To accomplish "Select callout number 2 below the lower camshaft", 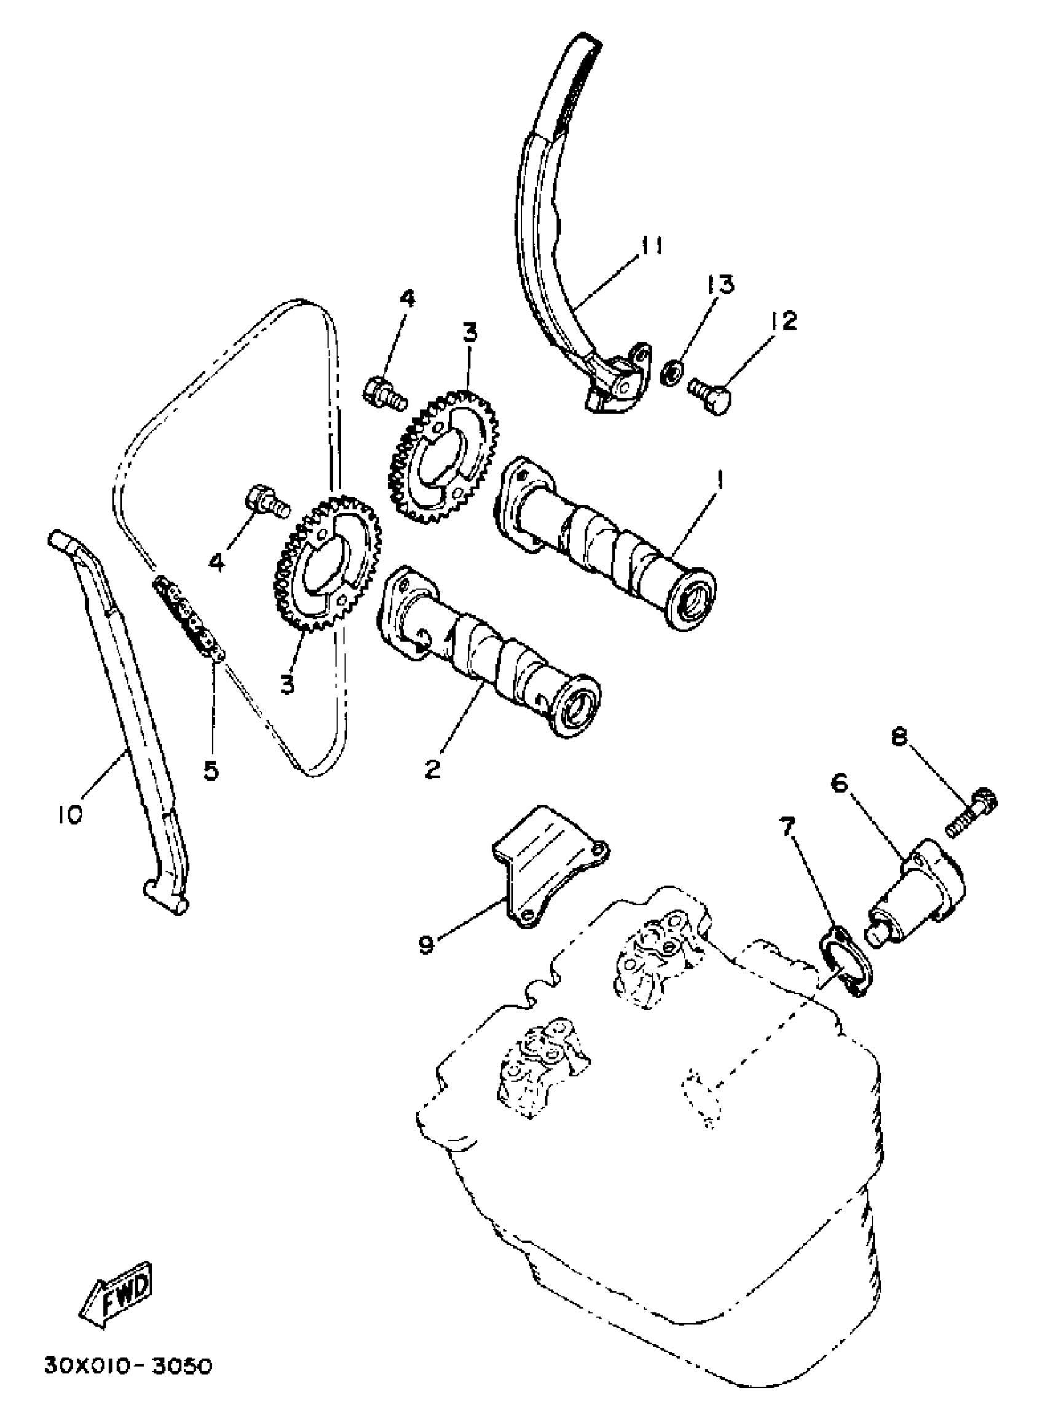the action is click(x=432, y=769).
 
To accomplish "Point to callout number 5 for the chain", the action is click(x=211, y=770).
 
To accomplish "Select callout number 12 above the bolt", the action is click(x=784, y=321).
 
